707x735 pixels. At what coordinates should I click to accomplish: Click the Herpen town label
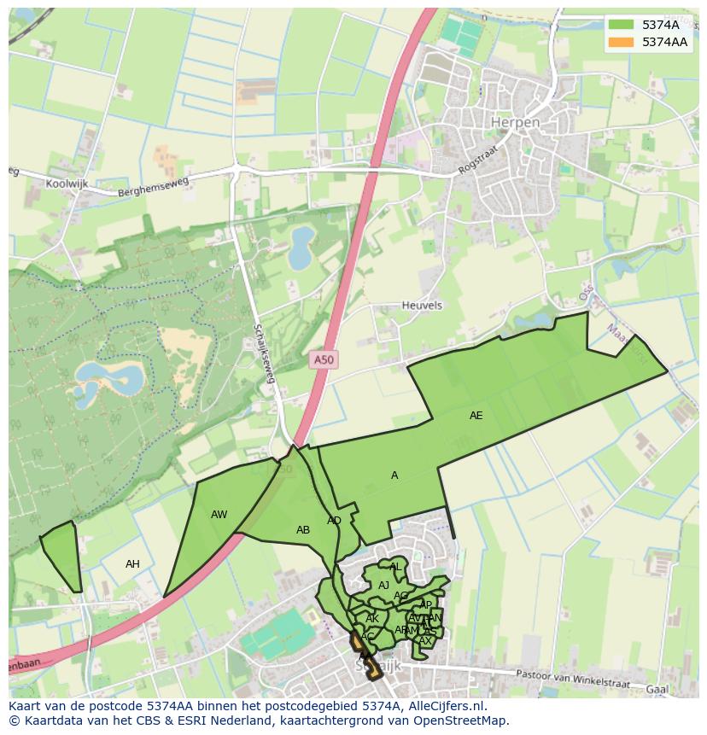click(x=515, y=123)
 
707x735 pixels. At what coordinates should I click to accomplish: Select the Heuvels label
click(x=422, y=306)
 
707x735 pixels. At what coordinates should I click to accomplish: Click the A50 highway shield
click(x=324, y=360)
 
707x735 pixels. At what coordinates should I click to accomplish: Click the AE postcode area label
click(x=476, y=416)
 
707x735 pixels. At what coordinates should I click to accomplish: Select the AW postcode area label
click(x=219, y=515)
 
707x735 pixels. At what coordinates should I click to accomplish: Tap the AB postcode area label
click(x=303, y=530)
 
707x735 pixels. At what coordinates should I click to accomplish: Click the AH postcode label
click(x=132, y=564)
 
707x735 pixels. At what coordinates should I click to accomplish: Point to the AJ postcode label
click(x=383, y=586)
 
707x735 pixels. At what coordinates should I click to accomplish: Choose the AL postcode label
click(x=394, y=567)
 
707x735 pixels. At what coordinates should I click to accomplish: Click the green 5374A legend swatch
click(x=621, y=25)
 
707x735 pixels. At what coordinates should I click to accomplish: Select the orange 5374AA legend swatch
click(x=621, y=42)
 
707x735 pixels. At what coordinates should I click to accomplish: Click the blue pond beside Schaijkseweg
click(x=301, y=247)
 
